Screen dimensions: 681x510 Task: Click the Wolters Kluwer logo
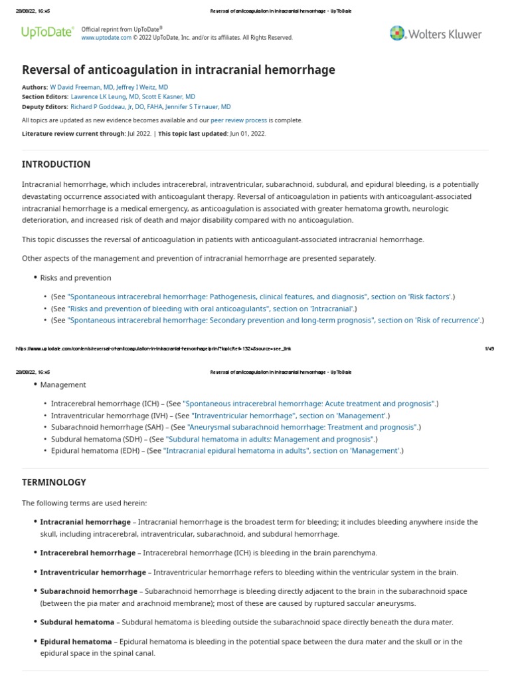436,33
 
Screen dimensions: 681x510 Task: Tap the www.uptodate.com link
106,38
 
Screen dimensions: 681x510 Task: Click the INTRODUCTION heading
56,164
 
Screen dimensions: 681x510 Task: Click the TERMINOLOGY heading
54,482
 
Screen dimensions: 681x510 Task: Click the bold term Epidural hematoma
76,642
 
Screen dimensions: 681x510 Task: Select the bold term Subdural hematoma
76,622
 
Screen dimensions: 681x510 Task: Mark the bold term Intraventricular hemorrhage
92,572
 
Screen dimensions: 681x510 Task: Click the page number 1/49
490,348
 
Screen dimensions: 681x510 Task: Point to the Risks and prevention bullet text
76,277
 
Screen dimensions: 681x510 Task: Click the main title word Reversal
46,70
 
